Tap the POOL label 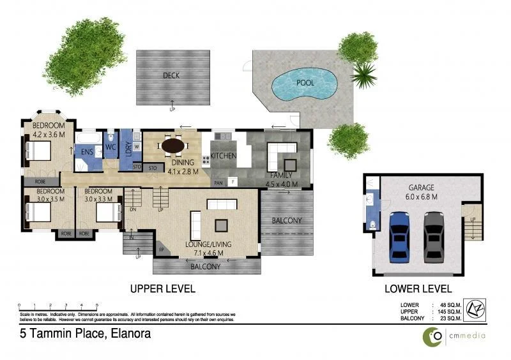[305, 82]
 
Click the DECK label [171, 75]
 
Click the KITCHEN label [224, 156]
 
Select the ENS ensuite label [85, 152]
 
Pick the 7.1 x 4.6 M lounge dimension [208, 253]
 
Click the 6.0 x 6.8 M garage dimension [422, 197]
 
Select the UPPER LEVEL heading [162, 289]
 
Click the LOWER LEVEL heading [418, 289]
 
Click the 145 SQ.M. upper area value [448, 311]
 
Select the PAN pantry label [218, 182]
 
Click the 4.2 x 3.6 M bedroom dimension [49, 134]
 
